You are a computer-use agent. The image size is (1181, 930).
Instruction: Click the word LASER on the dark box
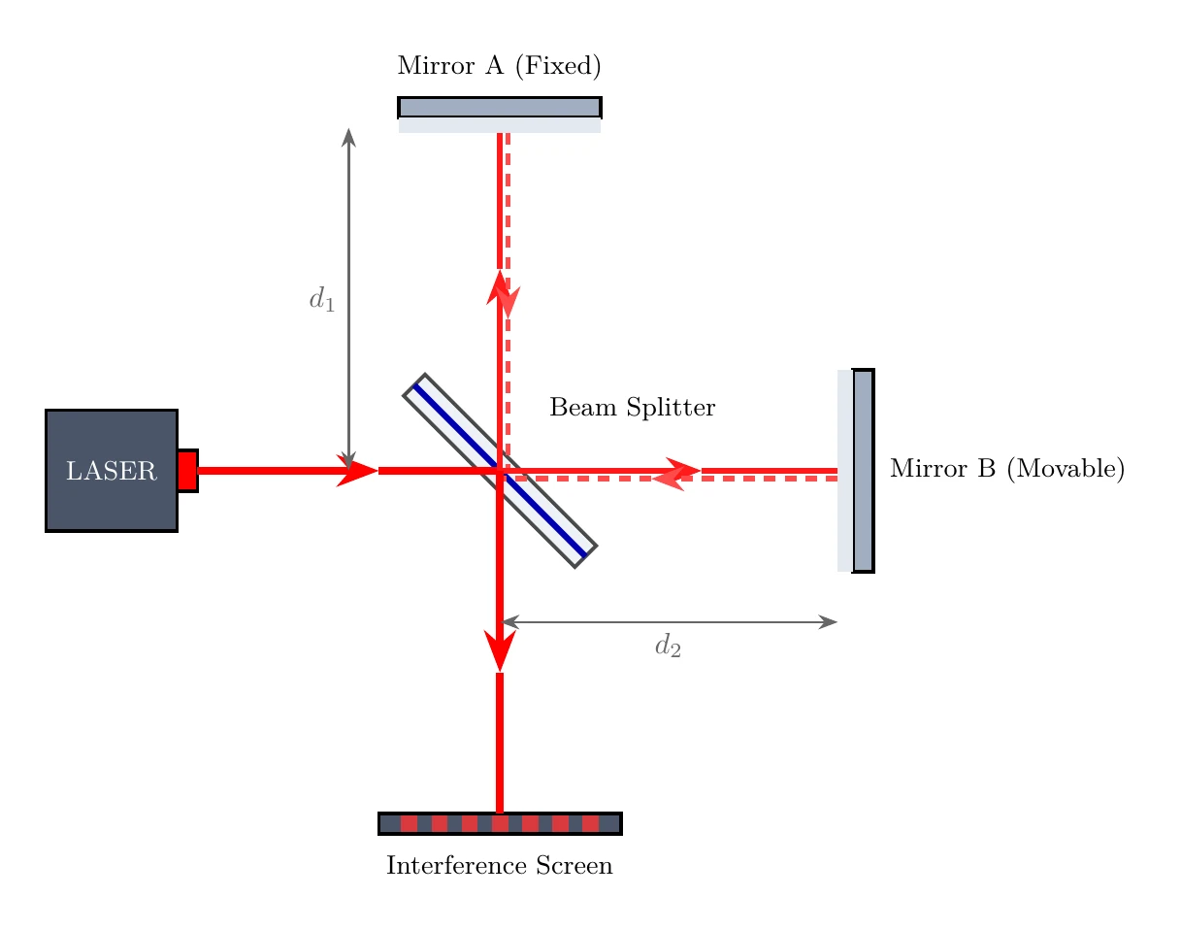click(112, 471)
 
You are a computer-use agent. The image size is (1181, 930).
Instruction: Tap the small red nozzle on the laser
click(187, 471)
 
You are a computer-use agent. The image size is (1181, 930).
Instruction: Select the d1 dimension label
click(321, 300)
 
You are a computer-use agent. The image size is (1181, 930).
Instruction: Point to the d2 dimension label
click(668, 645)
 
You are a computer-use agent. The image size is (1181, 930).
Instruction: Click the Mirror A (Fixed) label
click(500, 65)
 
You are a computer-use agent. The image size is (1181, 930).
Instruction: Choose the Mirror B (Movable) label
click(1007, 468)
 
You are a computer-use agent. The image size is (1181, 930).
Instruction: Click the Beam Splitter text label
click(632, 407)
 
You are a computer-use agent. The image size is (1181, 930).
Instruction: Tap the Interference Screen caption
click(500, 866)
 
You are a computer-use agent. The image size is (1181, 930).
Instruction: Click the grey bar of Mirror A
click(500, 108)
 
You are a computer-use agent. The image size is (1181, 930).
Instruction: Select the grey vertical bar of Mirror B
click(864, 471)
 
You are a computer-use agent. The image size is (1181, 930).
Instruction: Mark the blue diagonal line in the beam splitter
click(500, 471)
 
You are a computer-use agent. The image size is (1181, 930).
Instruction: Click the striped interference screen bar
click(500, 823)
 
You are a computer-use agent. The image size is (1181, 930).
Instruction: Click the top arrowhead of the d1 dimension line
click(349, 137)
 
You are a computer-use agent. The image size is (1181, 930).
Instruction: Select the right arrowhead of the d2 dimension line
click(828, 622)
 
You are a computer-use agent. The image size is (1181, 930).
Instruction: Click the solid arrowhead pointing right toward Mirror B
click(684, 471)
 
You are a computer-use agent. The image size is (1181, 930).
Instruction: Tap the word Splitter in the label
click(671, 407)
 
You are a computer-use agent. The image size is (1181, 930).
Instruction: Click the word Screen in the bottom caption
click(574, 866)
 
